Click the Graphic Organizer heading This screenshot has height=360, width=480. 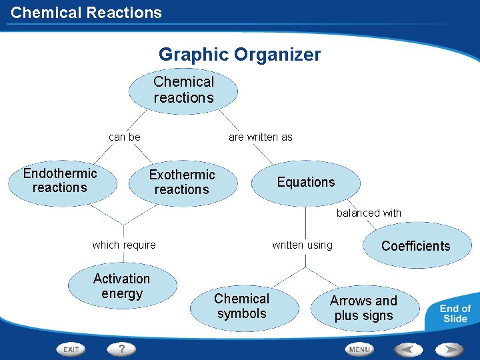point(239,55)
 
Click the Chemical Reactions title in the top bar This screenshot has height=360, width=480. point(86,13)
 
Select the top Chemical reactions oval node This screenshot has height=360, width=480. point(183,91)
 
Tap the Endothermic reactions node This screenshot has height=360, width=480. point(60,181)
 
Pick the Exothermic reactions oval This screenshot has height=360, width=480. point(182,182)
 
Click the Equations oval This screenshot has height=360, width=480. point(306,182)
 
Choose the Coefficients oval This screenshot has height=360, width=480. point(415,246)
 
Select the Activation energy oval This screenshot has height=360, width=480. point(122,286)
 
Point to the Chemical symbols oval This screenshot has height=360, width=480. point(241,306)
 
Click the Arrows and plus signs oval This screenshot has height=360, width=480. point(363,308)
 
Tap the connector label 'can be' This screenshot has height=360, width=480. point(125,137)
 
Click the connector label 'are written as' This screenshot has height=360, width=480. point(260,137)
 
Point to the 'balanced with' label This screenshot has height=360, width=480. point(369,213)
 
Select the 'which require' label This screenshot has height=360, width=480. point(124,245)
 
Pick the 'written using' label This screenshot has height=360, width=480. point(302,245)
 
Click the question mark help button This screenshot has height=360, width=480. point(121,349)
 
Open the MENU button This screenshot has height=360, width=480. point(359,349)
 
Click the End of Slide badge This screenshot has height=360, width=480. point(455,313)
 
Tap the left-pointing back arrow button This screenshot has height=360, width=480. point(408,349)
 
